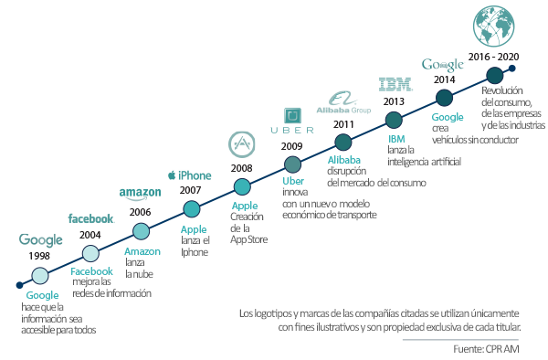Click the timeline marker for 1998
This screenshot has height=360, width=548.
[x=40, y=274]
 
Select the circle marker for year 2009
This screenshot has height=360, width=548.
[x=292, y=164]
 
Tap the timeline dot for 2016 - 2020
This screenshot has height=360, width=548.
[x=494, y=75]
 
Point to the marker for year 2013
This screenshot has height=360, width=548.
[x=395, y=120]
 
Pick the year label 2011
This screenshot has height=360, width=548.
[x=343, y=124]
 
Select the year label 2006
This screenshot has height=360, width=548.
[x=141, y=212]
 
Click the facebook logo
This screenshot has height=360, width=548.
[x=91, y=219]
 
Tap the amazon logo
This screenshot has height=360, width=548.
[x=140, y=193]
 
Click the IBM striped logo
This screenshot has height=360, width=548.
[x=395, y=84]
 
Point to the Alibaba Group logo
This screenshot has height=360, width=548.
[x=342, y=103]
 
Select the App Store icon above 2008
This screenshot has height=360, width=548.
[x=242, y=145]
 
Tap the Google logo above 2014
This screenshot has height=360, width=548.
[x=443, y=65]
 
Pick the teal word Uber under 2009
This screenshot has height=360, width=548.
[x=293, y=181]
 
